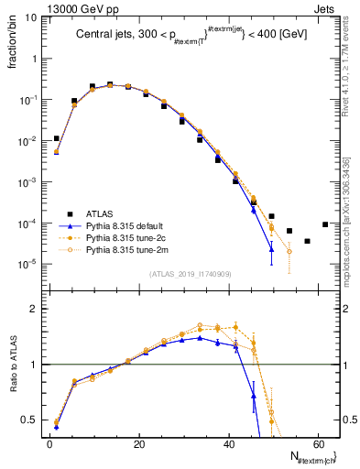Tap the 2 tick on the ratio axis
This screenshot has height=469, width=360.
click(34, 309)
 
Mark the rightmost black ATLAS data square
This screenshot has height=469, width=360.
click(325, 224)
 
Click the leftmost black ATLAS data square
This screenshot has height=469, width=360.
click(57, 138)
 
